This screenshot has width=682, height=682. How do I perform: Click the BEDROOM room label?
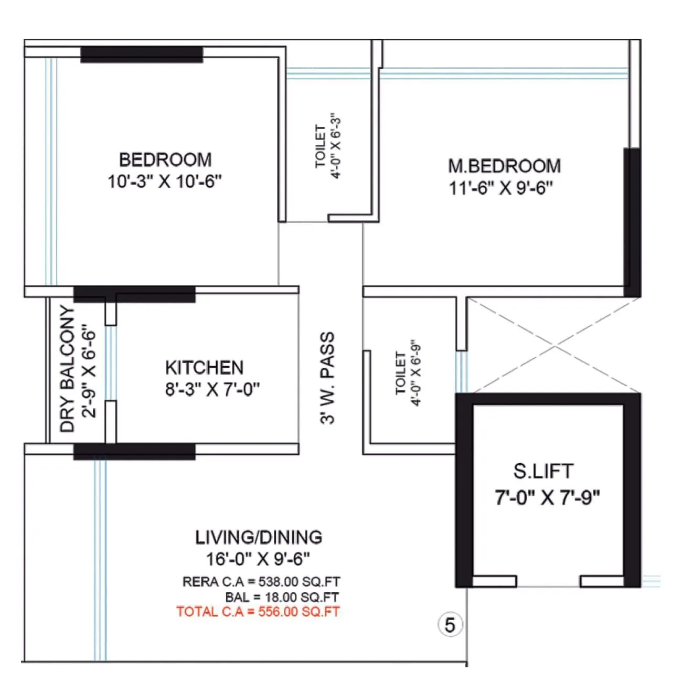pos(165,159)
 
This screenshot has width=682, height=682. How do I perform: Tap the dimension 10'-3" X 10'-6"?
pos(165,182)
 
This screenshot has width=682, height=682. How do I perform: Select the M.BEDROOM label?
pos(504,166)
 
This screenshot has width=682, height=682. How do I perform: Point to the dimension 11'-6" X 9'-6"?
pos(500,188)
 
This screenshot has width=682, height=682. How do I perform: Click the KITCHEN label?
pos(204,367)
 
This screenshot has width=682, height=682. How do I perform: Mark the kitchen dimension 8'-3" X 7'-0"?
pos(212,390)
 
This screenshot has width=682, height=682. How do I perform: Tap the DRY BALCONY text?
pos(68,369)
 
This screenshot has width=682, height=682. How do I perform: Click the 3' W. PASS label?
pos(327,377)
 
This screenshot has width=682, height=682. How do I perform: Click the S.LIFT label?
pos(543,471)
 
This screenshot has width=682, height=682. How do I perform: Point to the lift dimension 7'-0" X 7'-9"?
pos(547,497)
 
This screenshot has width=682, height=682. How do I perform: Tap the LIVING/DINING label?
pos(259,537)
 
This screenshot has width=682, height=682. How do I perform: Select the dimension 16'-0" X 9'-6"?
pos(258,559)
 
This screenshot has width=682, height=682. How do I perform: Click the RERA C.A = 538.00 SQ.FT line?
pos(261,582)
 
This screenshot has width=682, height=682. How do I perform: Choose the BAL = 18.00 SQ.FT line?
pos(282,597)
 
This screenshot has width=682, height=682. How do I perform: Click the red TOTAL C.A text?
pos(258,612)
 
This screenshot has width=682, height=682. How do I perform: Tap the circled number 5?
pos(450,625)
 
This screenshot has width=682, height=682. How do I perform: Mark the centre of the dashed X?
pos(555,346)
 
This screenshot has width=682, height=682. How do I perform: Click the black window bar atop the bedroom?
pos(141,55)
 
